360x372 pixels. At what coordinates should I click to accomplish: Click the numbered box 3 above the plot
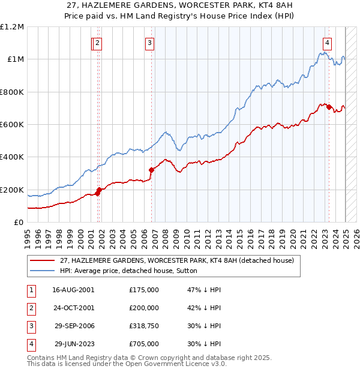click(149, 43)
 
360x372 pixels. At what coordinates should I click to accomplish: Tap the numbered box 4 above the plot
click(327, 43)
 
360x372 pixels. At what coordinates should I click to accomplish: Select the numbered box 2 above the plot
click(97, 43)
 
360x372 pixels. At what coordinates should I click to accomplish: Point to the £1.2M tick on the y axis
click(13, 27)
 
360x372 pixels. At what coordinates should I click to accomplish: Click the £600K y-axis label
click(13, 125)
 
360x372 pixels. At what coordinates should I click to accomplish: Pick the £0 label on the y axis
click(19, 223)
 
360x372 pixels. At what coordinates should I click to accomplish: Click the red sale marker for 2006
click(151, 170)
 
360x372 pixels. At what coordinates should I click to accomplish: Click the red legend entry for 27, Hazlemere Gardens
click(176, 260)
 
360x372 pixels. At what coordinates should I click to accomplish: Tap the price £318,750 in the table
click(144, 326)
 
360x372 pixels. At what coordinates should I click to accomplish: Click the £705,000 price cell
click(144, 344)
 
